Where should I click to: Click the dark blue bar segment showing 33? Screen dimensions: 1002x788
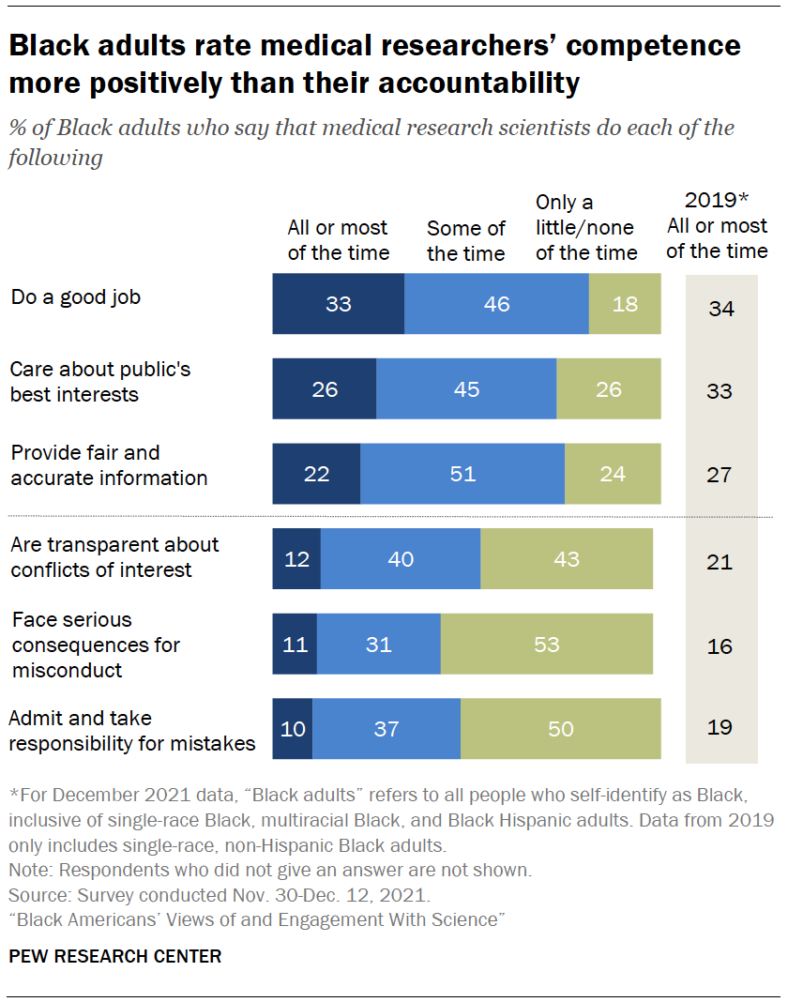click(x=338, y=304)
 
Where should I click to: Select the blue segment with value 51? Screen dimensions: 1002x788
click(x=462, y=474)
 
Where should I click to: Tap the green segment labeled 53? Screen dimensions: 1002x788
click(x=546, y=644)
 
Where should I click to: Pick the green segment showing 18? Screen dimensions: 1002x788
click(x=625, y=304)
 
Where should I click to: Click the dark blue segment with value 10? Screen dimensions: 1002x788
click(x=293, y=728)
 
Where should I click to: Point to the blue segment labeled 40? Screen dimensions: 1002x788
click(x=401, y=559)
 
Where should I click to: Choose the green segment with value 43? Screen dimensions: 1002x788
click(x=567, y=559)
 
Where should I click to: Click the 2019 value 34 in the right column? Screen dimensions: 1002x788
click(x=720, y=308)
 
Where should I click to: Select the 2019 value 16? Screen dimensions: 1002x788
click(x=720, y=646)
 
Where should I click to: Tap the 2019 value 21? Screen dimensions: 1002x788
click(x=720, y=562)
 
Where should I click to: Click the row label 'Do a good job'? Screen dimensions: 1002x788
click(x=75, y=297)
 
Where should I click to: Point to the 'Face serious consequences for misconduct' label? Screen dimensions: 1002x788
click(x=95, y=645)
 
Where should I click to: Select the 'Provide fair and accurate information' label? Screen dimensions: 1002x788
click(x=109, y=465)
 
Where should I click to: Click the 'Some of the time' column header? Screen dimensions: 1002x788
click(x=465, y=241)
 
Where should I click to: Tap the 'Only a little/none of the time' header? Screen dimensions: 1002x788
click(x=585, y=228)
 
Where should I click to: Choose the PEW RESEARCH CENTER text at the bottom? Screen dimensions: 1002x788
click(x=115, y=956)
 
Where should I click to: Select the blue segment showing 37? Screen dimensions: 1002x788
click(x=386, y=728)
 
